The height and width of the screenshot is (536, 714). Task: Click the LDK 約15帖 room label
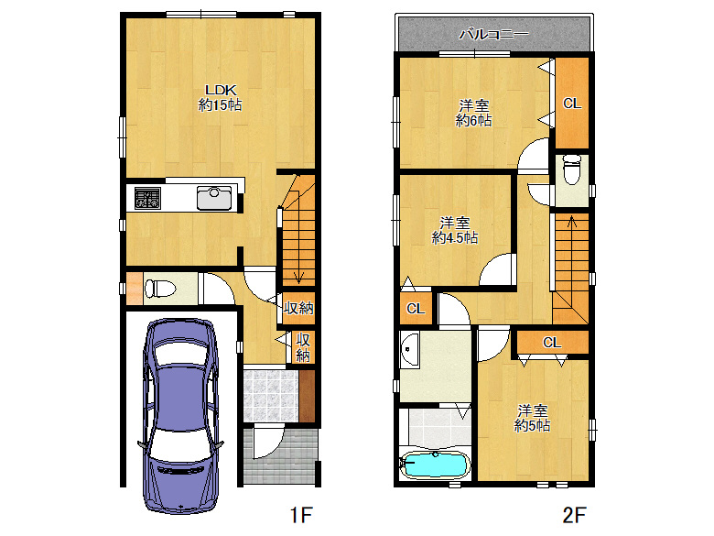click(220, 97)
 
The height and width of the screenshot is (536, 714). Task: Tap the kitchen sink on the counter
click(214, 198)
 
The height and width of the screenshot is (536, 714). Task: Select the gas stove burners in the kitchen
click(147, 198)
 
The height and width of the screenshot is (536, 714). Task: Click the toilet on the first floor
click(160, 289)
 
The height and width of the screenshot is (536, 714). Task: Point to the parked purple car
click(180, 416)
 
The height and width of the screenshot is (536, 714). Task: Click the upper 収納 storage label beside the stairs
click(298, 308)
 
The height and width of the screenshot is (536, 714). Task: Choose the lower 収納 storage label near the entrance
click(303, 347)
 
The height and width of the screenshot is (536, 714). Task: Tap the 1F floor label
click(301, 515)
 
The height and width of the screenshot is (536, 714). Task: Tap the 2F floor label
click(574, 515)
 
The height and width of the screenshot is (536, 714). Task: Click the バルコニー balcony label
click(493, 34)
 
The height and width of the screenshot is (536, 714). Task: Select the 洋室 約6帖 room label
click(473, 113)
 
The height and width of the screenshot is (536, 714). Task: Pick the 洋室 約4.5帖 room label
click(454, 230)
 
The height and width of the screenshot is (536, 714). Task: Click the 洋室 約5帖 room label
click(532, 418)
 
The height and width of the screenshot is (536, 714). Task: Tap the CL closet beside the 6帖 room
click(572, 104)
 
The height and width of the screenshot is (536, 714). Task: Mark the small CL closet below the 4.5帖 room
click(416, 308)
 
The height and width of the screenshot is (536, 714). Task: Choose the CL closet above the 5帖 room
click(552, 343)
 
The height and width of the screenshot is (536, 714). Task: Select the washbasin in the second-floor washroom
click(409, 350)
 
